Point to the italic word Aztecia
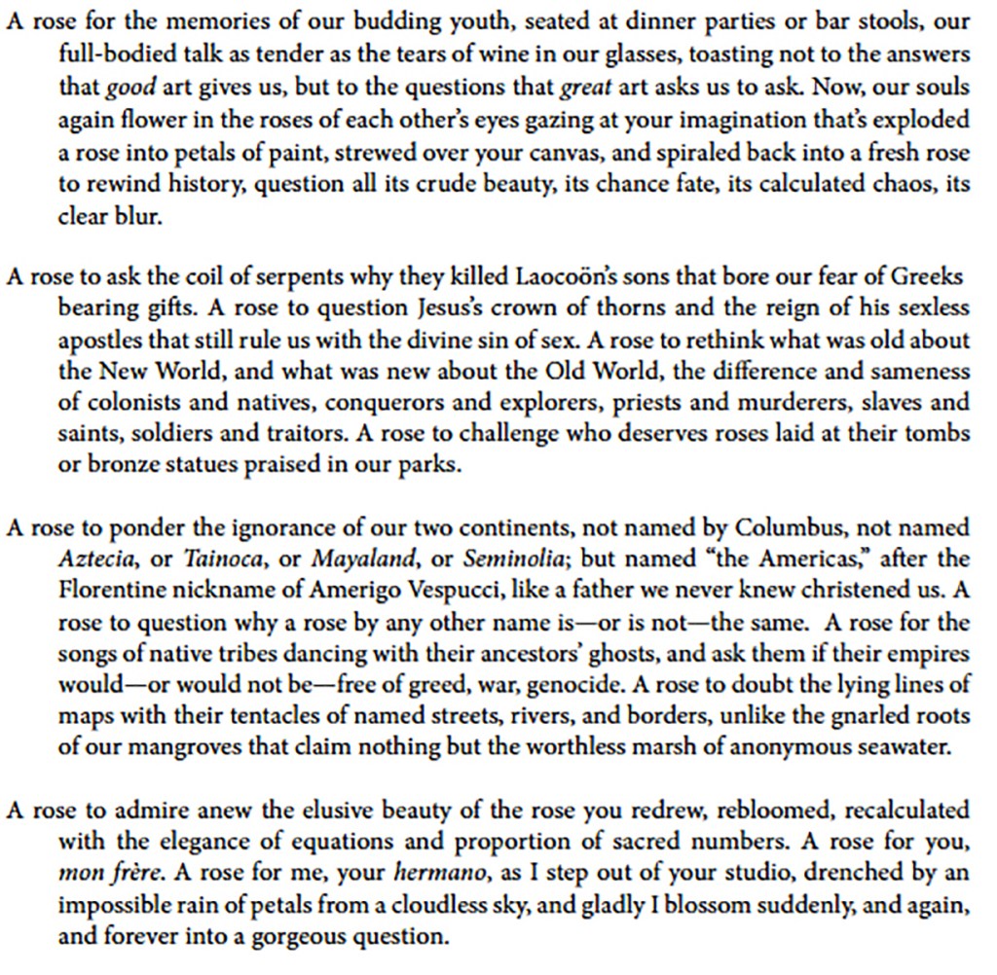pos(93,560)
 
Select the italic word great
pos(586,89)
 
